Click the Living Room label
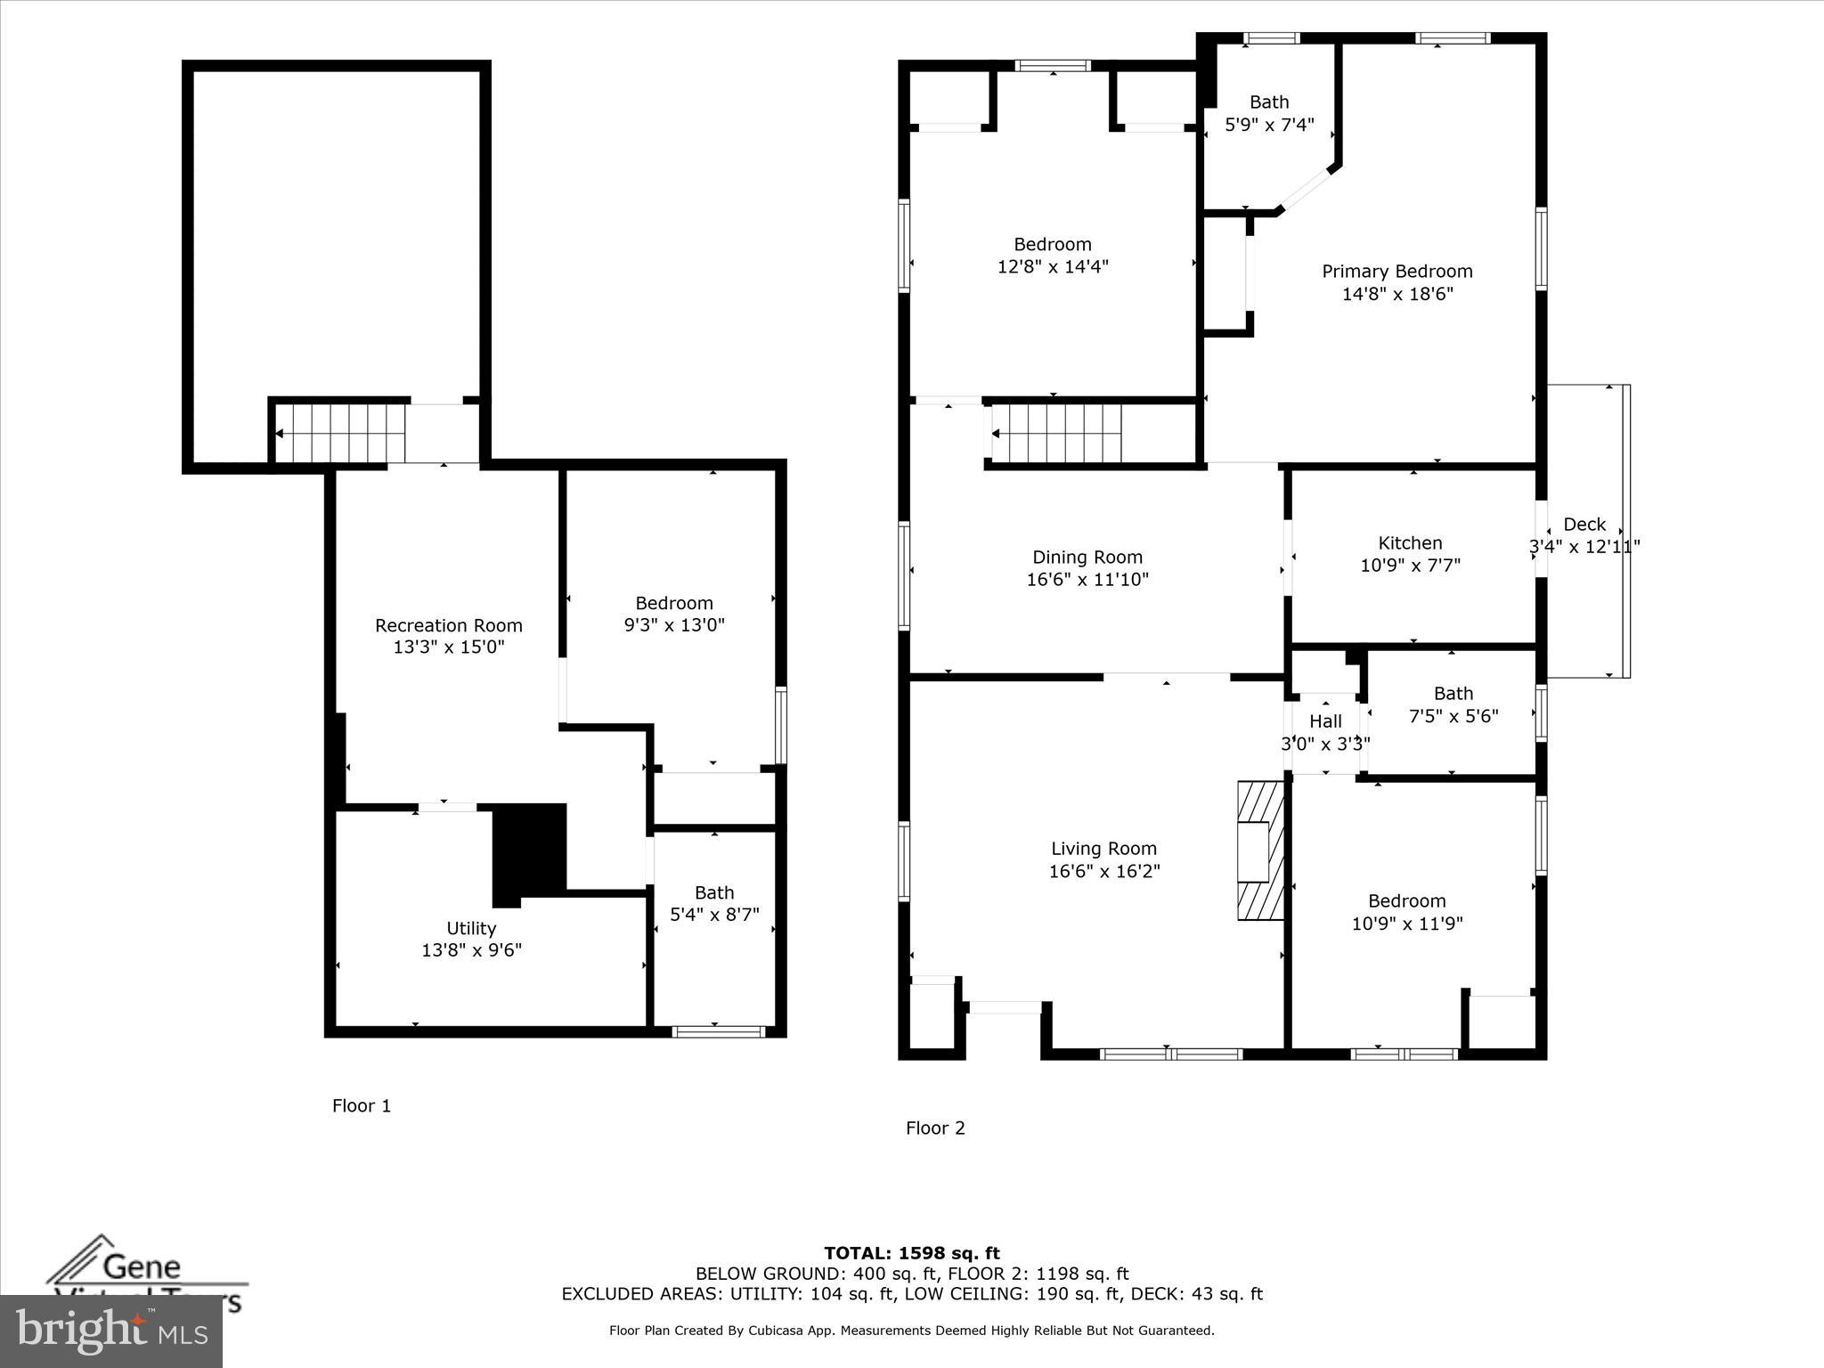(1103, 849)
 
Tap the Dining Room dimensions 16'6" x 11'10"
(1087, 580)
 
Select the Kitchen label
(1410, 543)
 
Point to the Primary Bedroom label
(1396, 272)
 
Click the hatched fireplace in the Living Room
(1260, 851)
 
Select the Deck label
(1584, 525)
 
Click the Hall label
(1325, 721)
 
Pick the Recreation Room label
(448, 626)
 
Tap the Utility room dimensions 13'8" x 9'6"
(471, 950)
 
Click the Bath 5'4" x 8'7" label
(714, 892)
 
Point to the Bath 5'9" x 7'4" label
(1269, 102)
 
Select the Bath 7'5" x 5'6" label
(1453, 694)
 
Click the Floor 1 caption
(361, 1105)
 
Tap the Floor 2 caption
(935, 1128)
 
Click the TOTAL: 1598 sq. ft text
(911, 1253)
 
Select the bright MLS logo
(111, 1331)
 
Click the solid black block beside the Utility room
(530, 851)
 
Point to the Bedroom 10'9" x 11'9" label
(1406, 901)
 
